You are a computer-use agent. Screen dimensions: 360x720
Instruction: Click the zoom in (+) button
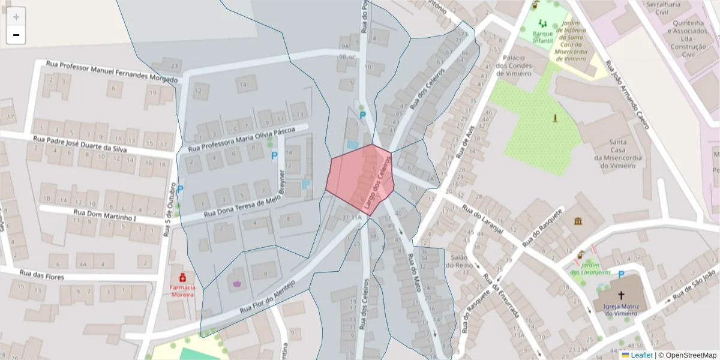16,17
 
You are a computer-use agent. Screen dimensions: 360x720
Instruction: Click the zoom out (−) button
16,35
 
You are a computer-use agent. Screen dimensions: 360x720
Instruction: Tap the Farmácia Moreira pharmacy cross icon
182,278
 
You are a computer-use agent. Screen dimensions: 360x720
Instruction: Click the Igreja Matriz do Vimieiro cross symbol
621,295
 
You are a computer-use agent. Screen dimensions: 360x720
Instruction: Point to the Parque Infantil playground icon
543,23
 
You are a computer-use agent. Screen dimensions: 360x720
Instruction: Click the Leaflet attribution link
641,355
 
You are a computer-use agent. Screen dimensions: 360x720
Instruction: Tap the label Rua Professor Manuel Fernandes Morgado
112,71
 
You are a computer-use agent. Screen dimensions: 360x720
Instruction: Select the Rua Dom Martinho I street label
104,215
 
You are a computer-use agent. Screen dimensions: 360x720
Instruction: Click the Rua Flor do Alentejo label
268,297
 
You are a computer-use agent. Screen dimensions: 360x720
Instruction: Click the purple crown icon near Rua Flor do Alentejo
236,283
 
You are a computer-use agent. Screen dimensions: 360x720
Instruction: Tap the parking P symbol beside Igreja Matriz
621,274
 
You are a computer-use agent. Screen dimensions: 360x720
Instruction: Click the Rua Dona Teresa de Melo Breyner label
242,206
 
